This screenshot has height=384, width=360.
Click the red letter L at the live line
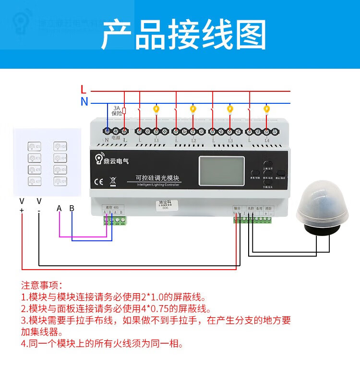84,89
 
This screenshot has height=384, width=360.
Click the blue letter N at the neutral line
84,102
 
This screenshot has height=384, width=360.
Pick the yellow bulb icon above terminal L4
267,110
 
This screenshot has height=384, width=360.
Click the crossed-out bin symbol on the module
113,182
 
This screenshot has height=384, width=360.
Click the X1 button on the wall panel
35,146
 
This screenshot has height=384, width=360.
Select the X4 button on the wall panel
60,157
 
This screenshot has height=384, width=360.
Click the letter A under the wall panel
59,208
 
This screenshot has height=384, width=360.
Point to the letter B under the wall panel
72,208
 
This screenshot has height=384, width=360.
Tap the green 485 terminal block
115,220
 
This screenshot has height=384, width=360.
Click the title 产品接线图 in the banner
183,35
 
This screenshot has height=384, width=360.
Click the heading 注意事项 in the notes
42,285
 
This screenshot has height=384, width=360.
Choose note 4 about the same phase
102,344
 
